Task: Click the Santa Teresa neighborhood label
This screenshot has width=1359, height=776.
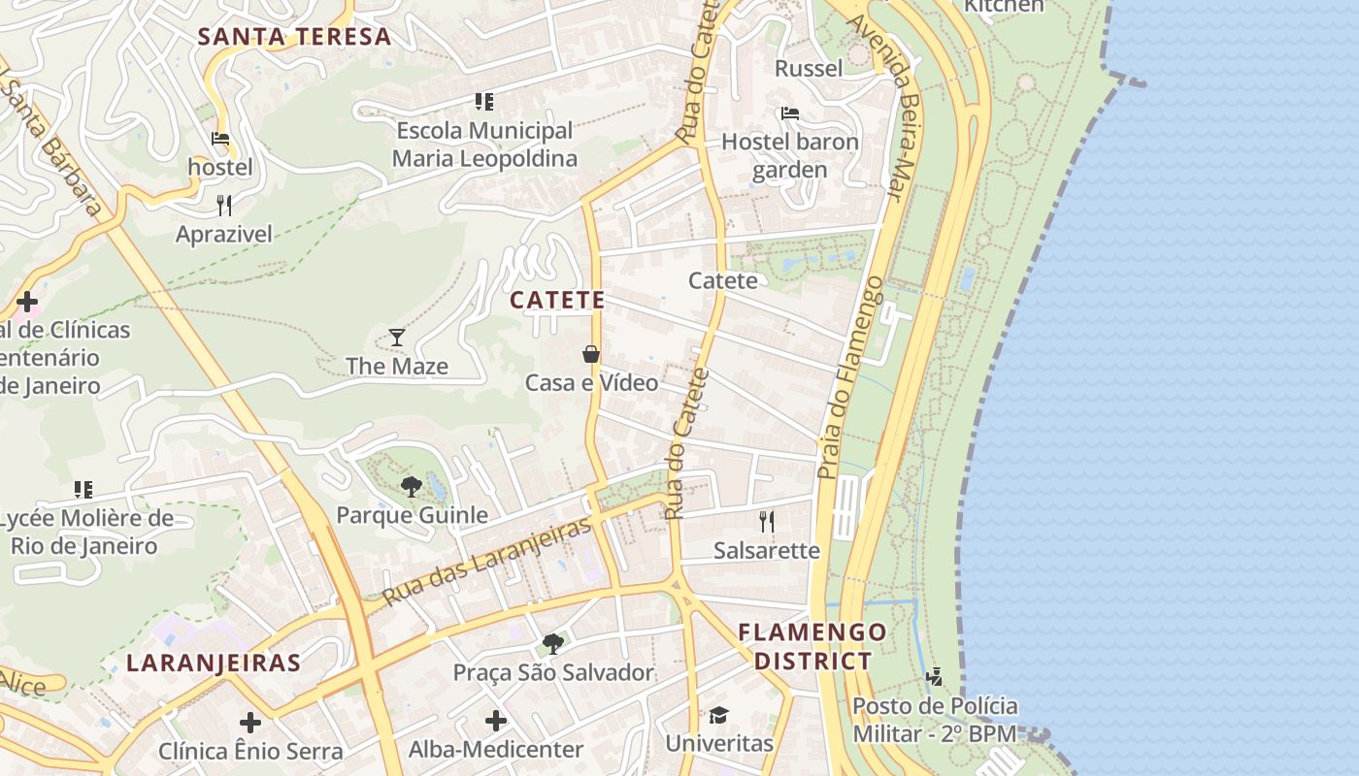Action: (x=294, y=37)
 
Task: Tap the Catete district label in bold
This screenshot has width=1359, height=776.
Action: (x=557, y=300)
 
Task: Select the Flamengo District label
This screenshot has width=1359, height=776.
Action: (x=812, y=647)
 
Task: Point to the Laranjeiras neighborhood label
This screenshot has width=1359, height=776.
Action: (x=214, y=663)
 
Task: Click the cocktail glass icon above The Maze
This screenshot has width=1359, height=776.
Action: (x=397, y=338)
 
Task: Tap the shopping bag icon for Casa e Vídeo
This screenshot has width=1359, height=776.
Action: (x=591, y=354)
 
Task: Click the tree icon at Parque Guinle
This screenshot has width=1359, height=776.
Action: (x=412, y=486)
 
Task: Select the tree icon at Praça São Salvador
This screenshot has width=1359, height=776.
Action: (x=553, y=643)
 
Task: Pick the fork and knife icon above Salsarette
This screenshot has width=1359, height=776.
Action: (x=767, y=522)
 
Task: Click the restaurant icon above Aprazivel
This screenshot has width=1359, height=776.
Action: (x=224, y=205)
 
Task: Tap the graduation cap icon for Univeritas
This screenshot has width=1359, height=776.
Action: (x=718, y=715)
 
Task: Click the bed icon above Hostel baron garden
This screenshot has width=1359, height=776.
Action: (x=790, y=113)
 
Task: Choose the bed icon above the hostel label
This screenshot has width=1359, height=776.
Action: (x=220, y=139)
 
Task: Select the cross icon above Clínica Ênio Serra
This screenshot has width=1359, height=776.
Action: (x=250, y=723)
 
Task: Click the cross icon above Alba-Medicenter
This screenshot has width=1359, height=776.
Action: (x=496, y=721)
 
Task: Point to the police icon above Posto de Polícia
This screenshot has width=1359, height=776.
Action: (x=935, y=676)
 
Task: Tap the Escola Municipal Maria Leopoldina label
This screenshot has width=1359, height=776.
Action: (x=484, y=144)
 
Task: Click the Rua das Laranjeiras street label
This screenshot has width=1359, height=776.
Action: (x=487, y=562)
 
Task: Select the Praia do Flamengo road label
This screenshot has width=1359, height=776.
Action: (x=851, y=378)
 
